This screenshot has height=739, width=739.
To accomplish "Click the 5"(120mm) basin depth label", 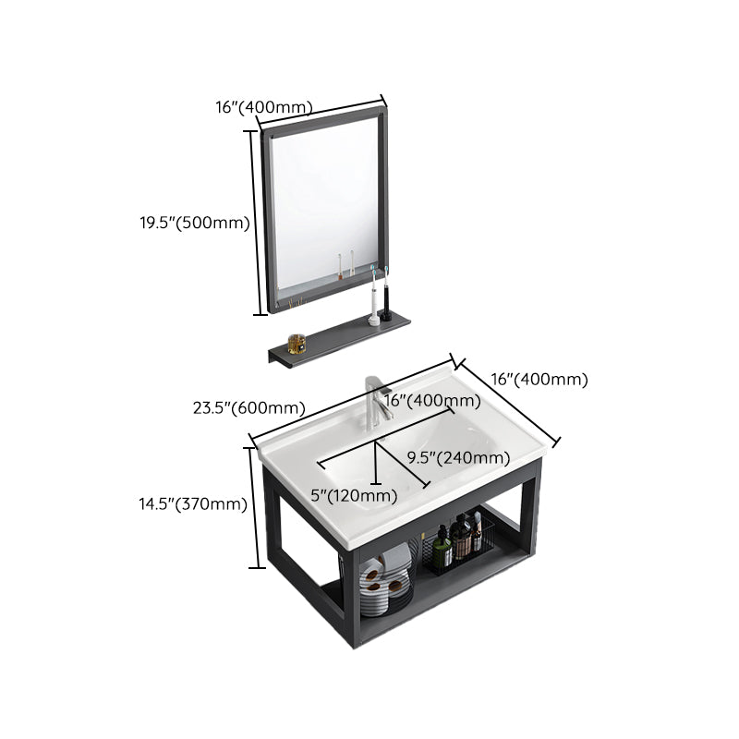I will click(x=354, y=495).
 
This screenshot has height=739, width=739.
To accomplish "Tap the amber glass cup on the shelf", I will click(x=297, y=344).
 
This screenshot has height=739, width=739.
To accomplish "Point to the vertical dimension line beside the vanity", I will click(x=250, y=506).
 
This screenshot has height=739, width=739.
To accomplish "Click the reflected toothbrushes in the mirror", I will click(x=345, y=264).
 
